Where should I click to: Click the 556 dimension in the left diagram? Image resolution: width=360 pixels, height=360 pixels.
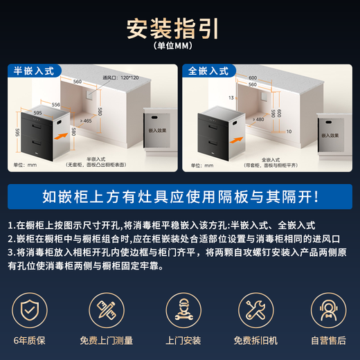pyautogui.click(x=55, y=104)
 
